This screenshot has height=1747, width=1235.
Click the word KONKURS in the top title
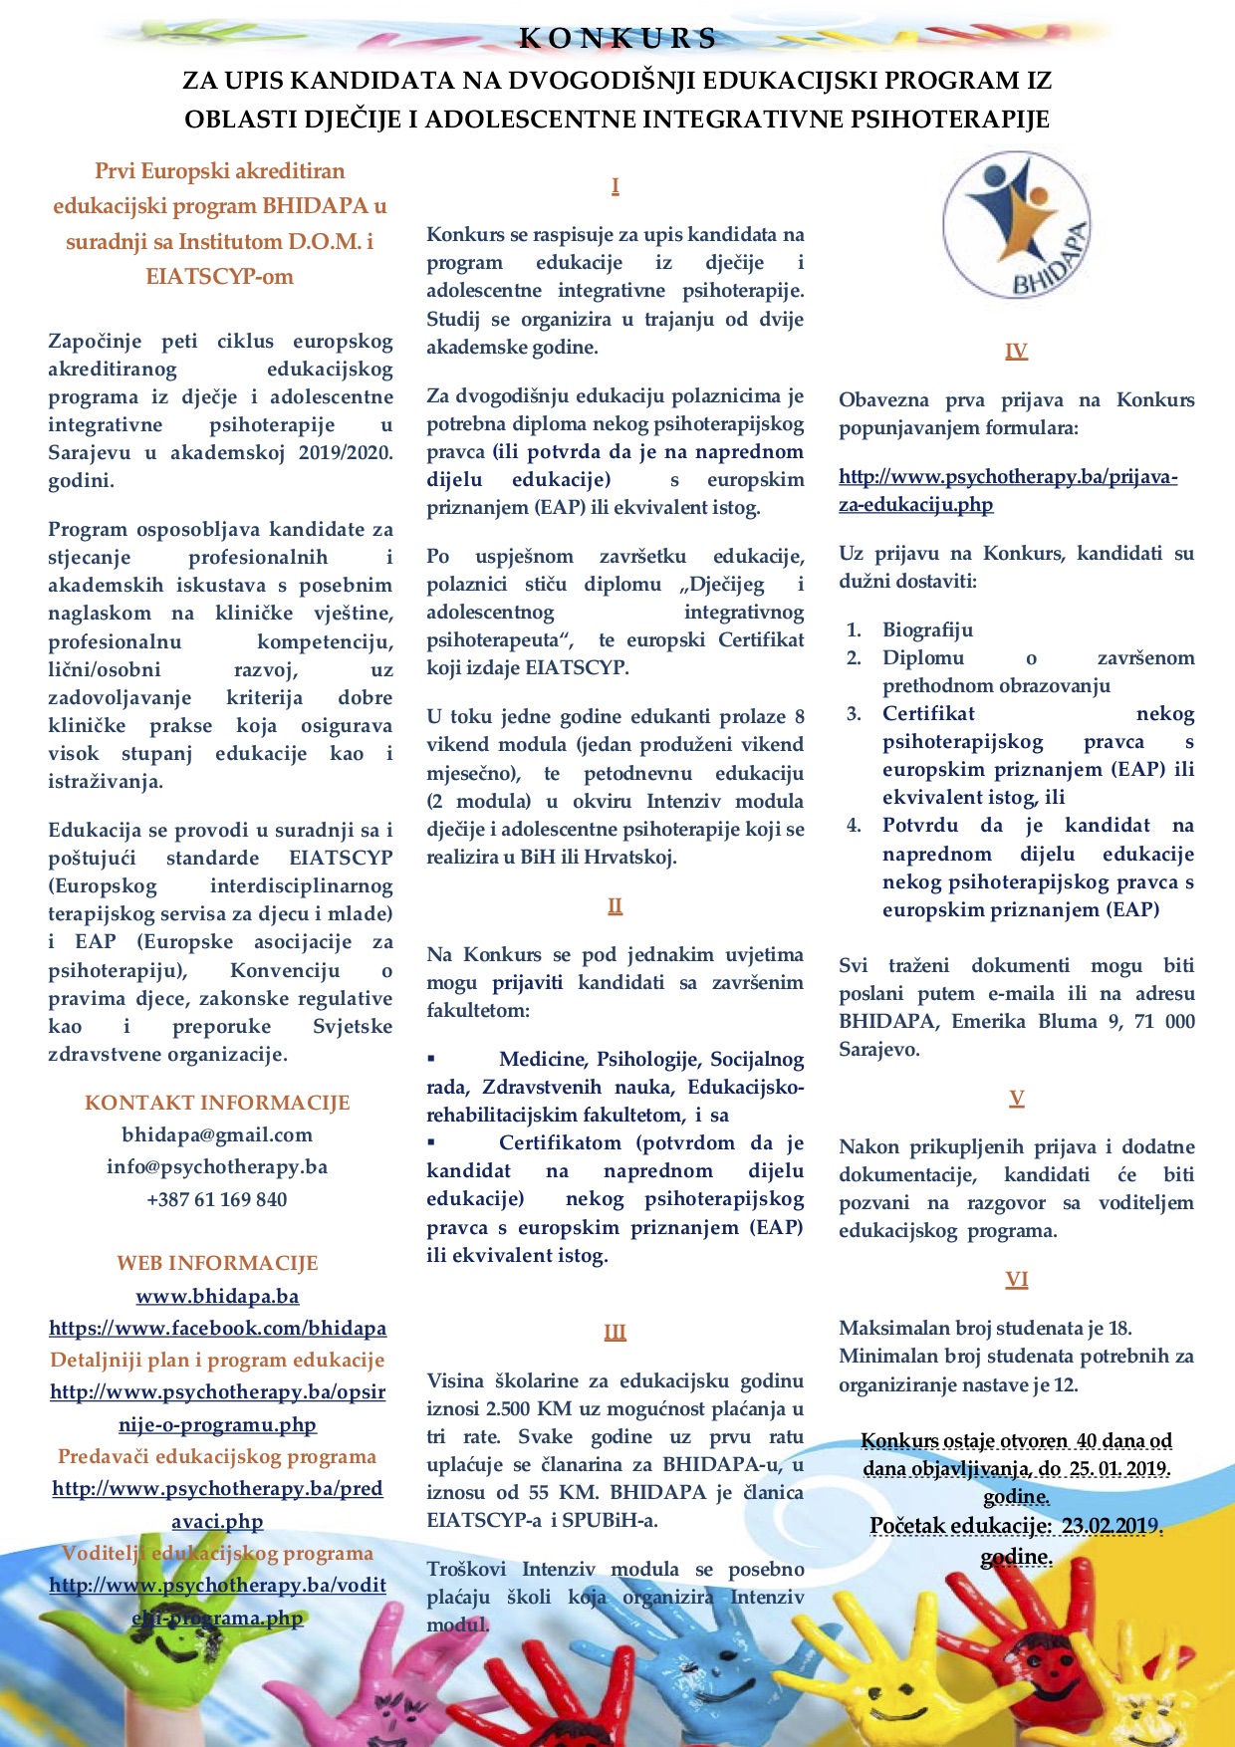pos(617,39)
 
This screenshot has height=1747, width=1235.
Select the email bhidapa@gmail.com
pos(217,1135)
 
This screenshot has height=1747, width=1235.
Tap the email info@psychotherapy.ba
pos(217,1167)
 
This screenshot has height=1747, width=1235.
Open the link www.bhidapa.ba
pos(217,1297)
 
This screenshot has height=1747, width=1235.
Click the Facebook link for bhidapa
pos(217,1329)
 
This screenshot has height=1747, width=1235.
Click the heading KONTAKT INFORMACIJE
pos(217,1104)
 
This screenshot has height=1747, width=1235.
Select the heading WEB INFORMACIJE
pos(217,1264)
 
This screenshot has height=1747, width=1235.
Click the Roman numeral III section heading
pos(615,1333)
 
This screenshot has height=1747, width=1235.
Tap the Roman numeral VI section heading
pos(1016,1280)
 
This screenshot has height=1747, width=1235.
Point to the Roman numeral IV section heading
pos(1016,352)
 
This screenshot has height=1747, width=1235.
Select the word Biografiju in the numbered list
pos(927,630)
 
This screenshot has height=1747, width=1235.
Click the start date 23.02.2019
pos(1110,1526)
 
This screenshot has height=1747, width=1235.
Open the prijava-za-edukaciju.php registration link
pos(1008,491)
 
